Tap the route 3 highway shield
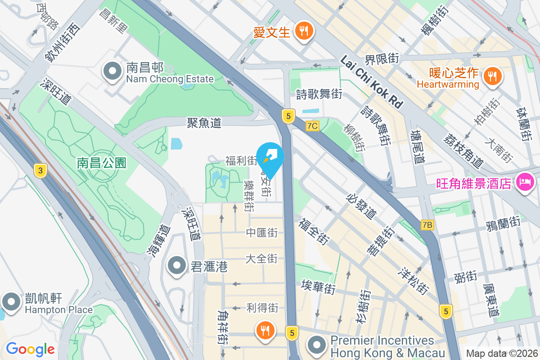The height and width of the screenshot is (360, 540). pos(41,170)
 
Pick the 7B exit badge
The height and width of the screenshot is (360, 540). pos(427,225)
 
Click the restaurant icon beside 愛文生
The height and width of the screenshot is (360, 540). pos(304,31)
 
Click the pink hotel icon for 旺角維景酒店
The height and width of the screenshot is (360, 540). pos(525,183)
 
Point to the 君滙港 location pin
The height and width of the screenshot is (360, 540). pos(177,266)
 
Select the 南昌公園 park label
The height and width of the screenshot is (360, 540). pos(101,163)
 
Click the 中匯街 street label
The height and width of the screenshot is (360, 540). pos(261,233)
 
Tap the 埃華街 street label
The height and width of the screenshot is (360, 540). pos(319,287)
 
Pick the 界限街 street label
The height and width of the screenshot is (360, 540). pos(382,58)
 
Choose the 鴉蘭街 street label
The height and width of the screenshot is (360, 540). pos(503,223)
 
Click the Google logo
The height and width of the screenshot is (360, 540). pos(30,349)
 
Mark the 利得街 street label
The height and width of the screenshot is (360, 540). pos(262,308)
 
